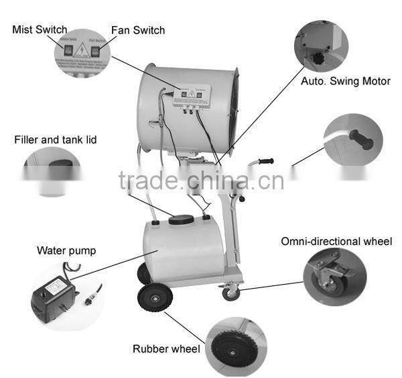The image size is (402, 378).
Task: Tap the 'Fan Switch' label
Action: coord(137,30)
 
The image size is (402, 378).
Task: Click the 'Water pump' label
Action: coord(66,250)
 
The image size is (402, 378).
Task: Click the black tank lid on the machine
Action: coord(182,219)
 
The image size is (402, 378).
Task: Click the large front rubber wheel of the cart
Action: coord(153,296)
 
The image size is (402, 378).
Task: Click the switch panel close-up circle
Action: coord(82,52)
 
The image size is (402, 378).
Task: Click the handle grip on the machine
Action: coord(265,162)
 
